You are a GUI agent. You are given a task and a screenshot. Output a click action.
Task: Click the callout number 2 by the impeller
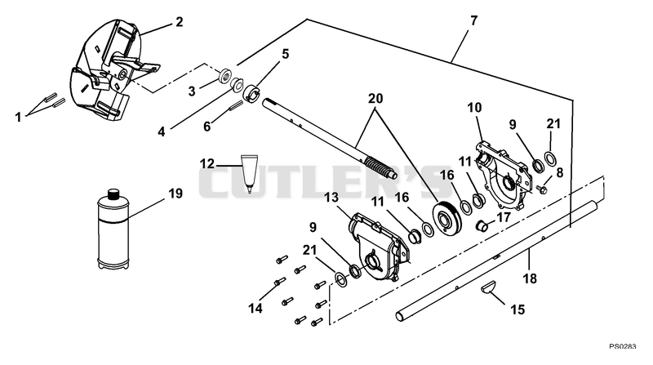[x=179, y=21]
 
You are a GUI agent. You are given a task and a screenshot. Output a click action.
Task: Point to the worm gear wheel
[x=447, y=220]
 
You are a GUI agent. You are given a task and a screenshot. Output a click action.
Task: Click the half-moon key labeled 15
[x=487, y=288]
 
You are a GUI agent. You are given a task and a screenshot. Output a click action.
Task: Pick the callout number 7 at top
[x=473, y=20]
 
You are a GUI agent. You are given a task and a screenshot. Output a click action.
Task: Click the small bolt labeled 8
[x=542, y=190]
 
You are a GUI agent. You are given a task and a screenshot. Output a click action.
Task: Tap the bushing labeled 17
[x=482, y=226]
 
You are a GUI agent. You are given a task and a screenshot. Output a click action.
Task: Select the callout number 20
[x=375, y=99]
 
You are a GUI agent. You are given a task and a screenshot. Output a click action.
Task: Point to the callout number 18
[x=530, y=278]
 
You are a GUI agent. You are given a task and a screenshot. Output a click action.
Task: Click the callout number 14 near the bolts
[x=255, y=309]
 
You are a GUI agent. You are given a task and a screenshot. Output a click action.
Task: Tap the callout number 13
[x=332, y=198]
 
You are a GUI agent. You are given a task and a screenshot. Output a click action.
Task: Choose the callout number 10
[x=474, y=108]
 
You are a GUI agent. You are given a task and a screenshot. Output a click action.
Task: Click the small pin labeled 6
[x=235, y=108]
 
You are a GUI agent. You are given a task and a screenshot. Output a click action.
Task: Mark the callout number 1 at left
[x=18, y=118]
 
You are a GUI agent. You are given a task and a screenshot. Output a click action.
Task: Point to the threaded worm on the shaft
[x=380, y=167]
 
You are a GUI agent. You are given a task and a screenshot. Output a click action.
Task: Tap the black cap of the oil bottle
[x=113, y=194]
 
